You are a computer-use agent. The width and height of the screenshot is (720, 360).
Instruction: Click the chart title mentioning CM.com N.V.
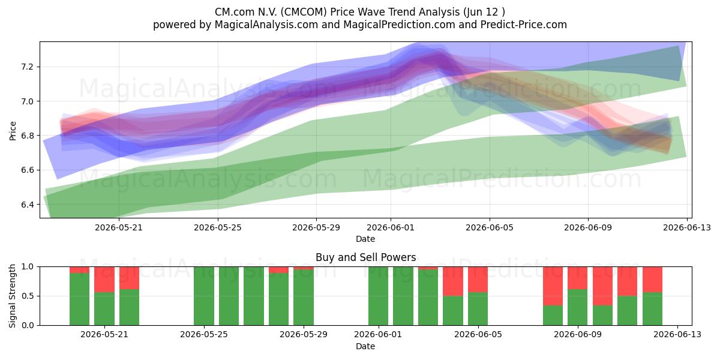click(359, 12)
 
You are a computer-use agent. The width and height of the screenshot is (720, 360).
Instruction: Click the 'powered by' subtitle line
click(359, 25)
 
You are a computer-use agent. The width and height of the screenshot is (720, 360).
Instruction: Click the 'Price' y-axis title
click(13, 131)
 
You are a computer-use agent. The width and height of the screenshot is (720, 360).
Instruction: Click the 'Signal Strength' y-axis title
click(12, 296)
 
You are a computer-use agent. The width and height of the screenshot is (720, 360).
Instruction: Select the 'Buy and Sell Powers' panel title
click(366, 257)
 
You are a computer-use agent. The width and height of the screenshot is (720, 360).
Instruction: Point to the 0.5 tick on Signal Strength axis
click(28, 296)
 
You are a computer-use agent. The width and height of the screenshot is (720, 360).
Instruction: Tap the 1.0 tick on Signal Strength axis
click(28, 266)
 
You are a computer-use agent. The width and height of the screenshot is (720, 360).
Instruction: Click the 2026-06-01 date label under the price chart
click(391, 227)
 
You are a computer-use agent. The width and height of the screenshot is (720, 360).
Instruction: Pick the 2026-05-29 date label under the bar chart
click(304, 334)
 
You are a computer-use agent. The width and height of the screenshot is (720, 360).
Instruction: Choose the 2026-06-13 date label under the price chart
click(687, 227)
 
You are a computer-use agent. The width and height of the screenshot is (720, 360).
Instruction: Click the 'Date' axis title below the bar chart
click(365, 346)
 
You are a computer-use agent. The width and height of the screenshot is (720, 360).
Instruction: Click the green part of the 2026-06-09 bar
click(577, 307)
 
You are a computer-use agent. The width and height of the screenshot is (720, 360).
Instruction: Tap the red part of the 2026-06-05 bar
click(478, 280)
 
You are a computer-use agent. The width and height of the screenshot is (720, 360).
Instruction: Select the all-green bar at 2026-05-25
click(204, 296)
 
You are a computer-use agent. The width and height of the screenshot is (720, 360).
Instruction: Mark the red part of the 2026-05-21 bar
click(104, 280)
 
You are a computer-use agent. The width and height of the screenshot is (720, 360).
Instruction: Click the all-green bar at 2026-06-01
click(378, 296)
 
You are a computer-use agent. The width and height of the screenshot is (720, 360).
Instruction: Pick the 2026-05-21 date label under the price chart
click(119, 227)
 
